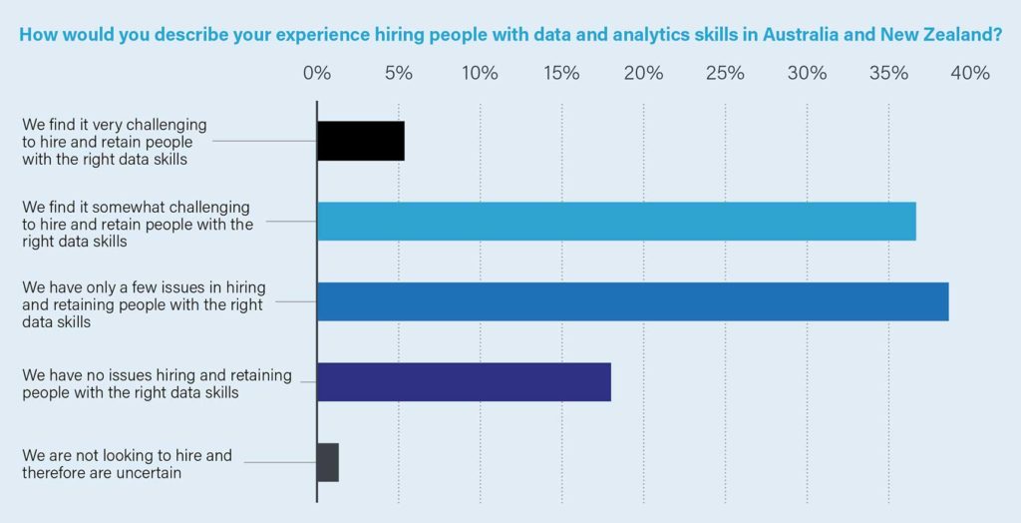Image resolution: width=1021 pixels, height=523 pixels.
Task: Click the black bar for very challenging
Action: click(360, 140)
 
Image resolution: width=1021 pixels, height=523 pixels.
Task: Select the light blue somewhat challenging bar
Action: click(616, 221)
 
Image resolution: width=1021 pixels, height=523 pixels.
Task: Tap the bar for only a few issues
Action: click(632, 301)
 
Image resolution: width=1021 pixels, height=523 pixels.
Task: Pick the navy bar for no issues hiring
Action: click(464, 382)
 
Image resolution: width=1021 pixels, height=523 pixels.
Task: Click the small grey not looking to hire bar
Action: click(328, 462)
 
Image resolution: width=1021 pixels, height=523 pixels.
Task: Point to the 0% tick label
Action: click(317, 73)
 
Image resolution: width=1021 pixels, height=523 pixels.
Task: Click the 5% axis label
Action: click(399, 73)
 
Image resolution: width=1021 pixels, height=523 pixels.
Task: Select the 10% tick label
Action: click(480, 73)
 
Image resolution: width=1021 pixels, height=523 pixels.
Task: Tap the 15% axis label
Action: click(561, 73)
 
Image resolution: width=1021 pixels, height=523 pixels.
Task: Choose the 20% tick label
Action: click(643, 73)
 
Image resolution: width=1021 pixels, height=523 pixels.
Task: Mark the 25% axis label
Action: click(725, 73)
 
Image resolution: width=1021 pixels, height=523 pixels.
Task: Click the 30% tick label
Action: click(807, 73)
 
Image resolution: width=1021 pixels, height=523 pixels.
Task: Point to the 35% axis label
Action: click(888, 73)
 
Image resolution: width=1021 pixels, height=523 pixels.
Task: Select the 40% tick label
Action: click(970, 73)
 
